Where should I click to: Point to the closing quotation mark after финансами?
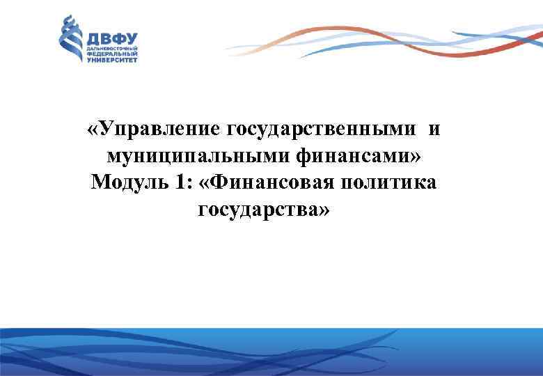[x=416, y=157]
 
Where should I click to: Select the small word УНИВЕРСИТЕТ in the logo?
[x=111, y=61]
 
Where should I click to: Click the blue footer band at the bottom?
[x=271, y=352]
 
